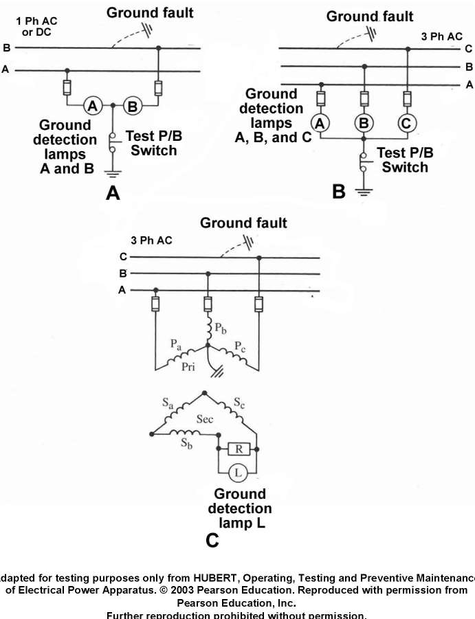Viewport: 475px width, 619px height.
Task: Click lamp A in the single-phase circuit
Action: (x=93, y=106)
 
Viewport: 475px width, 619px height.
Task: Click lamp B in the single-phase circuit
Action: (x=132, y=106)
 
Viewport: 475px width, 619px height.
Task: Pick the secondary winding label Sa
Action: (x=168, y=403)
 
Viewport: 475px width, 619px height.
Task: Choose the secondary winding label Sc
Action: (x=237, y=403)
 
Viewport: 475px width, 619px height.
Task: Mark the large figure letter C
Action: (x=212, y=541)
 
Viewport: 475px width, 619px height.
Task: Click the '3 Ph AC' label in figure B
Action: (x=442, y=36)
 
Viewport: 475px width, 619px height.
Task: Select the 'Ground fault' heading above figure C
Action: (x=243, y=223)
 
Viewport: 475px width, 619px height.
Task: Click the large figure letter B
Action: (x=339, y=192)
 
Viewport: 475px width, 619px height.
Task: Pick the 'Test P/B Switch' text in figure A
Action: (x=154, y=144)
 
